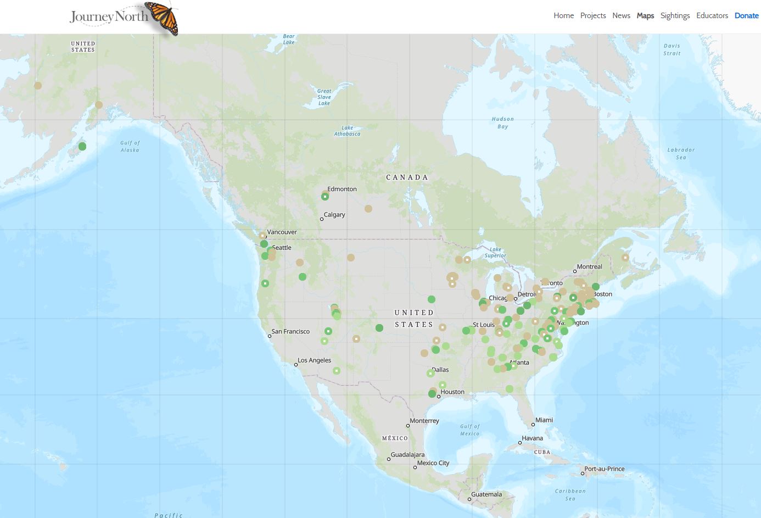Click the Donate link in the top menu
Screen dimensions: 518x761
tap(746, 15)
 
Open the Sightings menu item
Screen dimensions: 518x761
tap(675, 15)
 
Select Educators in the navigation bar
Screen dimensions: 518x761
tap(712, 15)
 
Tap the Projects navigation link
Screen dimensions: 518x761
tap(593, 15)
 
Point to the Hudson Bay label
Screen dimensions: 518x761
tap(502, 122)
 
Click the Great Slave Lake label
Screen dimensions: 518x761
tap(324, 97)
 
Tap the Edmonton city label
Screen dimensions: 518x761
tap(342, 189)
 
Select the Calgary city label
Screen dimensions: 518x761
tap(334, 215)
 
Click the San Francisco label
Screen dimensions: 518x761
tap(290, 331)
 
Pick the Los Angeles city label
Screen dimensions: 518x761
tap(314, 360)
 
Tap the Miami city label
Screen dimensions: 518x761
tap(544, 420)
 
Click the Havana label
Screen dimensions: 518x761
tap(532, 438)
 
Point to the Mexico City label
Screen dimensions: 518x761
tap(433, 463)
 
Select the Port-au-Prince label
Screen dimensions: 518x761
tap(605, 469)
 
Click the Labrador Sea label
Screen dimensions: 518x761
tap(681, 153)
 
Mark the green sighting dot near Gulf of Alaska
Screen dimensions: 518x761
tap(82, 146)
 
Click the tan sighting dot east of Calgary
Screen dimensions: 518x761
tap(368, 209)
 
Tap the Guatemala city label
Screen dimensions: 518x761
tap(486, 494)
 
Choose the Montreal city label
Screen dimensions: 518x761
tap(589, 267)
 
